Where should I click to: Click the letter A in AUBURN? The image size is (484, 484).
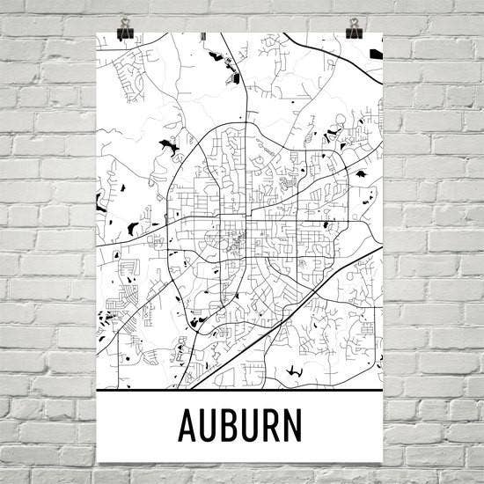tap(187, 425)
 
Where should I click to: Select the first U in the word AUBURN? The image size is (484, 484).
tap(209, 425)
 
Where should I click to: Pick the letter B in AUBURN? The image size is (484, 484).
tap(230, 425)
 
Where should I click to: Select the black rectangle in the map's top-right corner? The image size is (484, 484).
tap(377, 55)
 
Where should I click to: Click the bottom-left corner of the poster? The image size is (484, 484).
tap(98, 462)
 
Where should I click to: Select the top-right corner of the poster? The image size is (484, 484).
tap(383, 33)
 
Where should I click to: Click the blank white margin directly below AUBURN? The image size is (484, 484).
tap(240, 452)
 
